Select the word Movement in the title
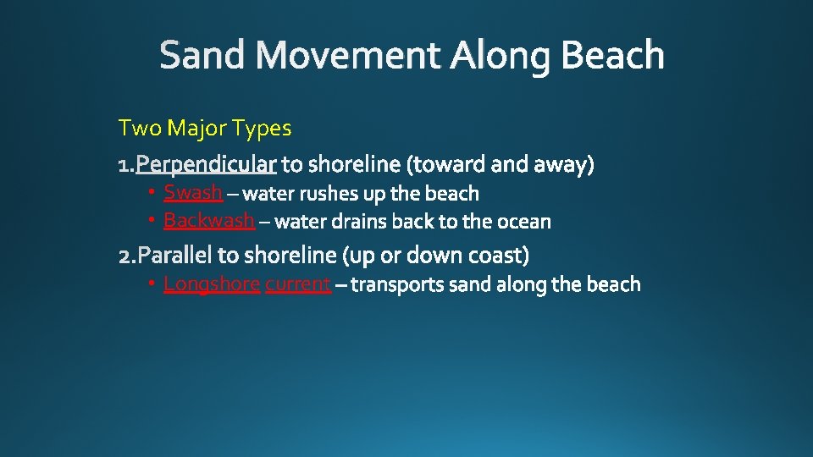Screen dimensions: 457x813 [x=348, y=56]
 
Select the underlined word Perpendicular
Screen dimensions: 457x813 [x=206, y=162]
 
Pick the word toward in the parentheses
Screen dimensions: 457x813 [x=446, y=162]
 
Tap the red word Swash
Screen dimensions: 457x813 [x=192, y=192]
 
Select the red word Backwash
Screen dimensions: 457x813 [x=208, y=221]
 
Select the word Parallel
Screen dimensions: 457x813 [x=175, y=254]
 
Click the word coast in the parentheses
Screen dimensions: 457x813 [x=499, y=254]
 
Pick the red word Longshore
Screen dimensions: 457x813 [x=211, y=284]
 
